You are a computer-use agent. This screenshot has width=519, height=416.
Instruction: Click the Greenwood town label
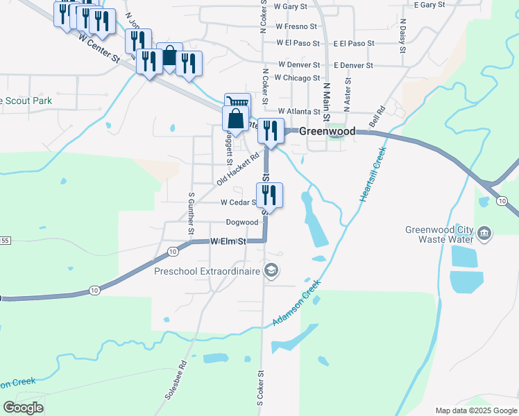(x=327, y=131)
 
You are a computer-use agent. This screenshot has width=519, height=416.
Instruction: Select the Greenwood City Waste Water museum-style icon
(x=485, y=234)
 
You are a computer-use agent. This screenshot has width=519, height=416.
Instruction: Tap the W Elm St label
(x=228, y=241)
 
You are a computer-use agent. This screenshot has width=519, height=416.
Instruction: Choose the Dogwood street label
(x=241, y=223)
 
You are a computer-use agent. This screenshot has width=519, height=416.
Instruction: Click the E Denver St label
(x=353, y=65)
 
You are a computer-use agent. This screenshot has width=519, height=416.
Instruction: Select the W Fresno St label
(x=296, y=27)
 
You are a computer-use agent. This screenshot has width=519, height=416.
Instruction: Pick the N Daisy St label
(x=402, y=36)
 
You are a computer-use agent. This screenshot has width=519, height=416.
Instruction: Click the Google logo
(x=23, y=408)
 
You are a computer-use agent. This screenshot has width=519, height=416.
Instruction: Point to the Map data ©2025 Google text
(x=475, y=410)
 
